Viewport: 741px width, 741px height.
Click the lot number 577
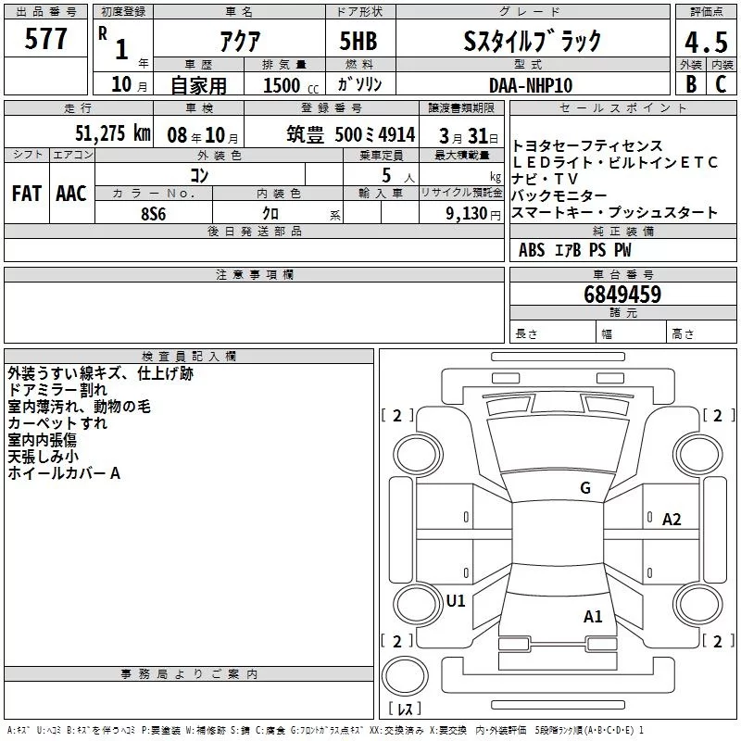coord(46,40)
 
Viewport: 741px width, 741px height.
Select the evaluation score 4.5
coord(706,41)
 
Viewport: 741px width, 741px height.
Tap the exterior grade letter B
coord(690,83)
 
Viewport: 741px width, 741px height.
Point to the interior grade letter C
coord(721,83)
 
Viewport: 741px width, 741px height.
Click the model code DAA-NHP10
coord(531,84)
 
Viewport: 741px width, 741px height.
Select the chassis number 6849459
coord(622,295)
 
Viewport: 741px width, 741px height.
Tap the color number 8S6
coord(154,212)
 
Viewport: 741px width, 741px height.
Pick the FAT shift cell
coord(26,193)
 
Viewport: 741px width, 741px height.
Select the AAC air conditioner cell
coord(70,193)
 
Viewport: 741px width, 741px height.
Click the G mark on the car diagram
coord(584,488)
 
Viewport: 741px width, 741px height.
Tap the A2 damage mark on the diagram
coord(672,520)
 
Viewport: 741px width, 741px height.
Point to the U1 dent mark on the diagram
coord(456,600)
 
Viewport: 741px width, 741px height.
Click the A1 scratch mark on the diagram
coord(593,616)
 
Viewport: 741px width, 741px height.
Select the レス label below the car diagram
coord(405,710)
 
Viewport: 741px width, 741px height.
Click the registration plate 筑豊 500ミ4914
coord(351,134)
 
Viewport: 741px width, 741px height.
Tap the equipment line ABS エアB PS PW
coord(575,250)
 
